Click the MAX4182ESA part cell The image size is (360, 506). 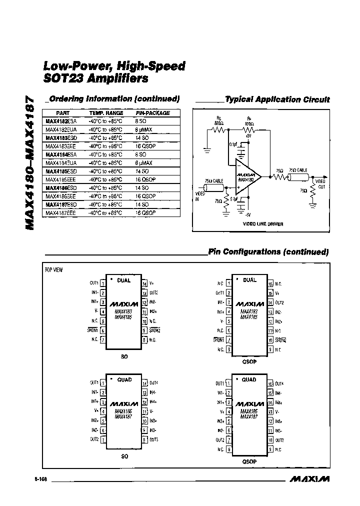tap(59, 121)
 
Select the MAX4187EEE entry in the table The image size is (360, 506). tap(59, 213)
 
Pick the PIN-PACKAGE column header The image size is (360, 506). tap(153, 113)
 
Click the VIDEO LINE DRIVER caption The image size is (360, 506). tap(263, 224)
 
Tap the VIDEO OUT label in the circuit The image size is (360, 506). tap(321, 183)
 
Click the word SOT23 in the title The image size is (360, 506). tap(63, 78)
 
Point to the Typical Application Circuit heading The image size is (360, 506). tap(277, 99)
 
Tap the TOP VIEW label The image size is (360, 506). tap(54, 270)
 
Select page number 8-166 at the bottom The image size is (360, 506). tap(41, 479)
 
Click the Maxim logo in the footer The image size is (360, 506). tap(309, 479)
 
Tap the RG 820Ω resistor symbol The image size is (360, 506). tap(218, 130)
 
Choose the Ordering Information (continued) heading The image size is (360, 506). tap(114, 99)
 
